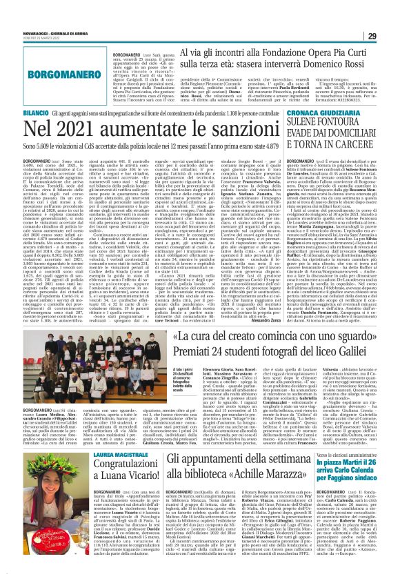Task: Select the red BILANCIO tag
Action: (x=17, y=112)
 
